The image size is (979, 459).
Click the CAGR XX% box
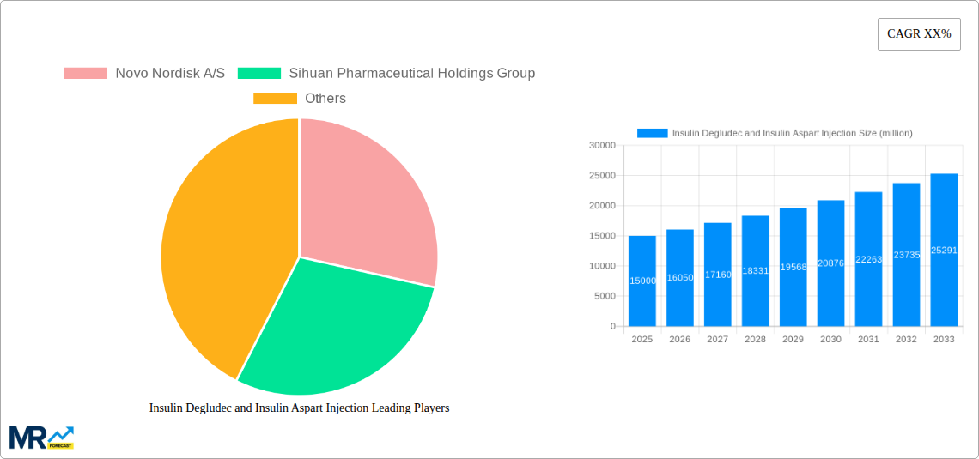(x=918, y=34)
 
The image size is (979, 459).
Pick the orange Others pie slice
(x=223, y=249)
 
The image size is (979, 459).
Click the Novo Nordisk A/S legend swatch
(x=85, y=74)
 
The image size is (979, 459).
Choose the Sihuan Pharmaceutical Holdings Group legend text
(x=411, y=74)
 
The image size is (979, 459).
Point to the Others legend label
(x=325, y=99)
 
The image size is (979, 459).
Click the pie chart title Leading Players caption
(x=299, y=408)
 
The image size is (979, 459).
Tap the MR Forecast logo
(x=41, y=438)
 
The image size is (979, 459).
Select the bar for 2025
(x=642, y=281)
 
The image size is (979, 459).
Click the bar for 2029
(x=793, y=267)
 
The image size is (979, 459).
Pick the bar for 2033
(x=944, y=250)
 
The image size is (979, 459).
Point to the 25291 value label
(x=944, y=251)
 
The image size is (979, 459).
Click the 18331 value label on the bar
(x=755, y=270)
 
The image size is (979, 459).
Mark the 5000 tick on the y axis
(x=604, y=296)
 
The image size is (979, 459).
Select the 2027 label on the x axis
(x=717, y=340)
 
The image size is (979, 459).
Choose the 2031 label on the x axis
(x=868, y=340)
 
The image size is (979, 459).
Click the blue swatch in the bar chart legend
(x=652, y=133)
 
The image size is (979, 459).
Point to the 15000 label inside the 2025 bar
(x=642, y=281)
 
